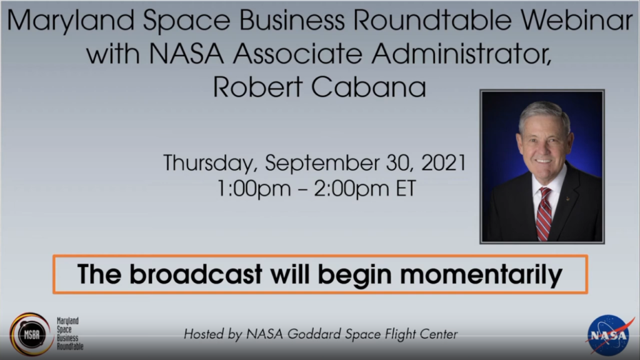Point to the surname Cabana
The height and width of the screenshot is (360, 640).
point(371,87)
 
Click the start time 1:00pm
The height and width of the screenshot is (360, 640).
point(246,189)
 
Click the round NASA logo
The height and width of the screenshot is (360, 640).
point(609,335)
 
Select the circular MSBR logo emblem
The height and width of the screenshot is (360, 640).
point(30,334)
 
